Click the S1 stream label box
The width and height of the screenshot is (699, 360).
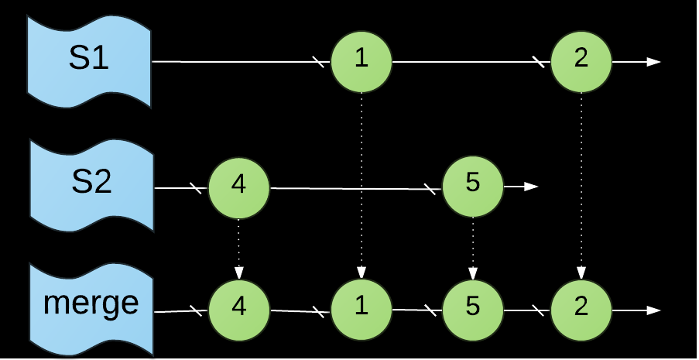click(89, 60)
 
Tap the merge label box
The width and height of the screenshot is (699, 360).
click(91, 303)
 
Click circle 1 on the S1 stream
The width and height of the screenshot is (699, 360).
click(361, 61)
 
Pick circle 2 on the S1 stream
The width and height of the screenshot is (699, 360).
click(581, 61)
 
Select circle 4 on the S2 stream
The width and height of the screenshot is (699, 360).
click(238, 187)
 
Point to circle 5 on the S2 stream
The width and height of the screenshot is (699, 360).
click(473, 187)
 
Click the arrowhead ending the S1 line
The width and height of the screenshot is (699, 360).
click(654, 61)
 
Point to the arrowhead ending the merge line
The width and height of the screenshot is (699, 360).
click(654, 310)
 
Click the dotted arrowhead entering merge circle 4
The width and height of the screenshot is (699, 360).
click(238, 273)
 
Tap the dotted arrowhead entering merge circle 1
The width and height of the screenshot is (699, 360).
click(361, 273)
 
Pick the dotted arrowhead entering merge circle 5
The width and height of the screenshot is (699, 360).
click(473, 273)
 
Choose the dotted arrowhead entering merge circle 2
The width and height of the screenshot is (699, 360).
click(581, 273)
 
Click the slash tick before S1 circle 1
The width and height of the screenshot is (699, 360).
click(318, 62)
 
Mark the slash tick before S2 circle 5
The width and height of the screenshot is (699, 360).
click(430, 189)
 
